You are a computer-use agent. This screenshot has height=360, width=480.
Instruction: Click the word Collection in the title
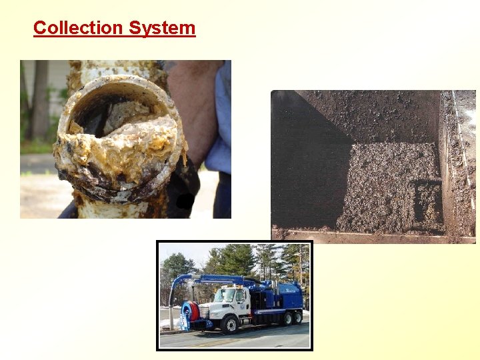click(x=78, y=28)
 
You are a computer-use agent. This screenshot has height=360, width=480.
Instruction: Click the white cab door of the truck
click(x=239, y=303)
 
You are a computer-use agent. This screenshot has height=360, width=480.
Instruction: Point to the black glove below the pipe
click(x=183, y=193)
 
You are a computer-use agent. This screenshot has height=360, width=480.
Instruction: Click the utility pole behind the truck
click(x=300, y=267)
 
